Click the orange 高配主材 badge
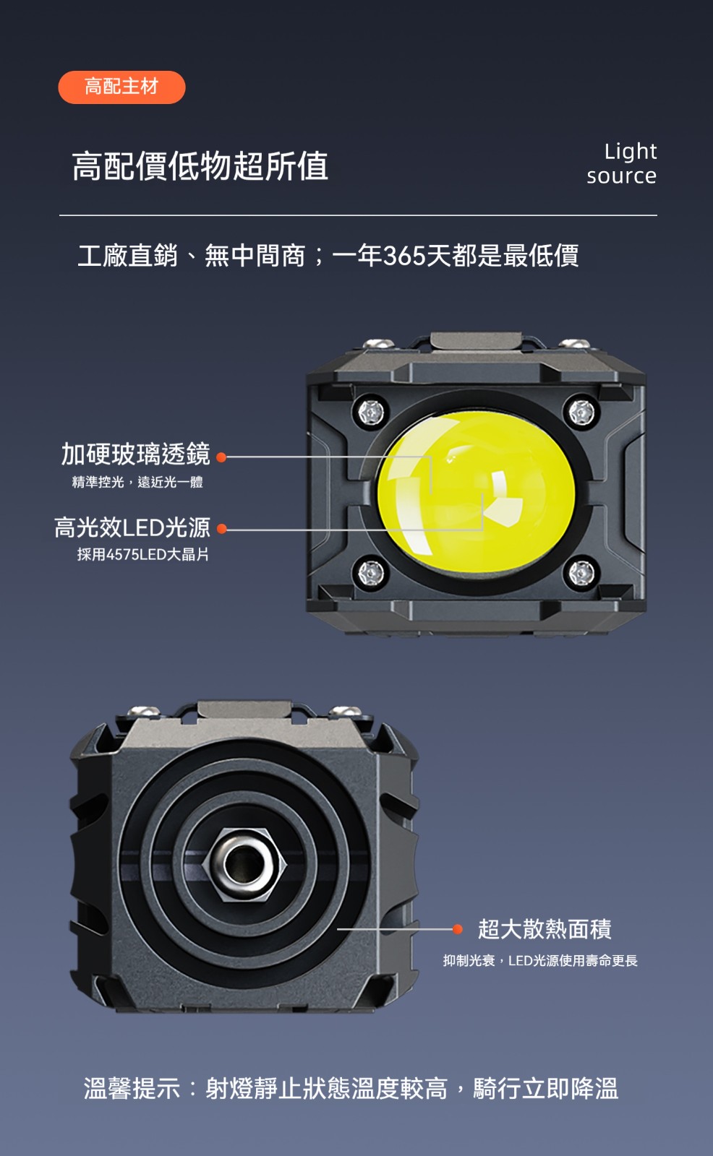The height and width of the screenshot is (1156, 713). (x=121, y=87)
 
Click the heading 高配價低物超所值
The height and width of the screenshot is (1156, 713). (x=200, y=166)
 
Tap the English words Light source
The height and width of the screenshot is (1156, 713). (x=622, y=163)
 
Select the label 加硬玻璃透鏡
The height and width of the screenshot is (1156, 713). (x=136, y=454)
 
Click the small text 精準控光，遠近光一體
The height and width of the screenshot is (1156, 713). (x=137, y=482)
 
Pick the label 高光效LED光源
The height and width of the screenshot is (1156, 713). (x=132, y=527)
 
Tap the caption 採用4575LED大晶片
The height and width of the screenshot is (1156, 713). (x=143, y=554)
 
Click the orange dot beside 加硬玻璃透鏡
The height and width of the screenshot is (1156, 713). (x=221, y=457)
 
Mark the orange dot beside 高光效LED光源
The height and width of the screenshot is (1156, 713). (x=222, y=529)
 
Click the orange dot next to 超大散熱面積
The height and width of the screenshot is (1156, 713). (x=457, y=929)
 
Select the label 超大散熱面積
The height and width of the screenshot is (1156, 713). (x=545, y=929)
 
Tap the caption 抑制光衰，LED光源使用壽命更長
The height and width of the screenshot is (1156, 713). (x=540, y=961)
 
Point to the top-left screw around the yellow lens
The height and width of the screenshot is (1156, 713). (x=372, y=412)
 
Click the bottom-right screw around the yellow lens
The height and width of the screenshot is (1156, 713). (x=582, y=572)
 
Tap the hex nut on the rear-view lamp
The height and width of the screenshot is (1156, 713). (x=244, y=864)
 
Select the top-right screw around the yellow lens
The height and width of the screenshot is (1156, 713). (x=582, y=412)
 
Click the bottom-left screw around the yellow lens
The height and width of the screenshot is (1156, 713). (x=372, y=572)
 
